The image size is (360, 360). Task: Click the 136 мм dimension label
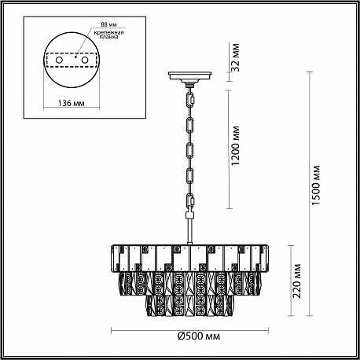point(72,103)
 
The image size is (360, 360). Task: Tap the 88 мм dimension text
point(108,24)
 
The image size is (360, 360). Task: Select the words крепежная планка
point(108,35)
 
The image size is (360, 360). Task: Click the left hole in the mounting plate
point(59,60)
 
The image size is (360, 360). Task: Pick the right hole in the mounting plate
point(84,60)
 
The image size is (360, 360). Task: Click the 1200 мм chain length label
point(236,145)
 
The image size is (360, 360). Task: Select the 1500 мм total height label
point(317,186)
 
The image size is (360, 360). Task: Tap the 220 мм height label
point(297,281)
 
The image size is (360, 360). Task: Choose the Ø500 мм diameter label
point(199,336)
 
